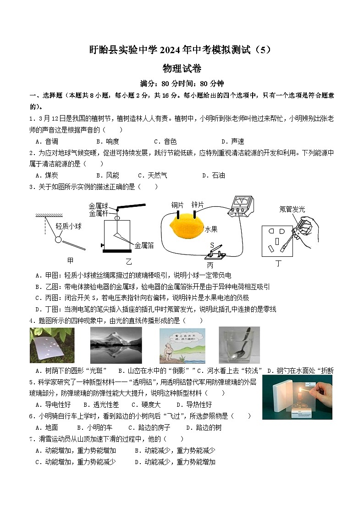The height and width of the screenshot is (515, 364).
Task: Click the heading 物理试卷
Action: coord(182,68)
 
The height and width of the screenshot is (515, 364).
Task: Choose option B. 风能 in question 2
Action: coord(107,175)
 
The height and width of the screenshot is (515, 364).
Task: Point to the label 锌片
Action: coord(198,205)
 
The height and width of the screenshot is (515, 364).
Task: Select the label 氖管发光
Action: coord(292,209)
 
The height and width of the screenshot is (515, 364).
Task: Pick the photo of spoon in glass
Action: coord(239,345)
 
